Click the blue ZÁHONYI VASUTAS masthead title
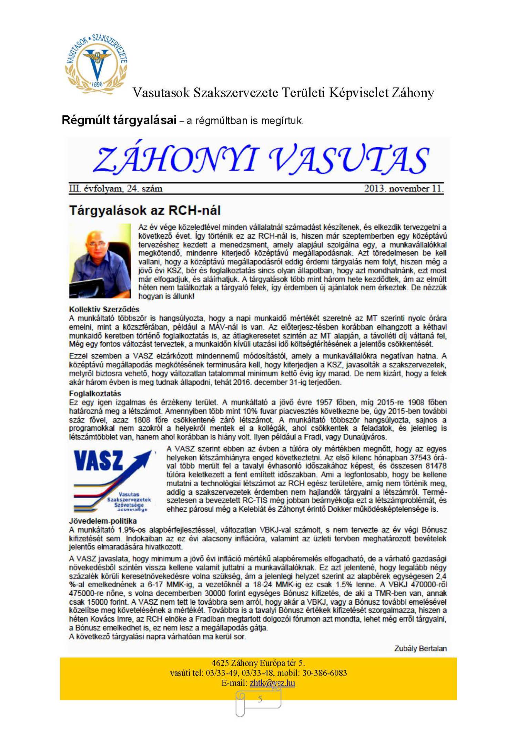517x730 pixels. (261, 159)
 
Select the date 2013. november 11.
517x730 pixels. (404, 189)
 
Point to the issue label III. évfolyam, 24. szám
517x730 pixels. (115, 189)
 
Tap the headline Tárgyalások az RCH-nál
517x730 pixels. (145, 210)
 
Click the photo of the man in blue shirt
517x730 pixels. (100, 261)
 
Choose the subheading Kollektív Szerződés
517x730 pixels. (104, 309)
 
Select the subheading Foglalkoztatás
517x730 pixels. (95, 394)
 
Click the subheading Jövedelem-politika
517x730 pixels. (103, 521)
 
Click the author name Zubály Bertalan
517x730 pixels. (420, 648)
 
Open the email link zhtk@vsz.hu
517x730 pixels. (272, 683)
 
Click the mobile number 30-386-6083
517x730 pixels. (326, 673)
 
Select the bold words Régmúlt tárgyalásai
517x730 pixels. (119, 120)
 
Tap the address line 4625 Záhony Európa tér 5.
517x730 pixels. (258, 663)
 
